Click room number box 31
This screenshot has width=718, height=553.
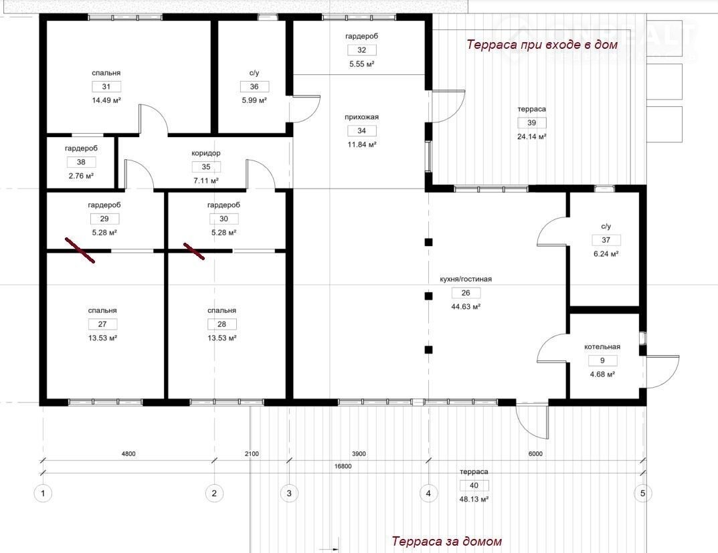point(106,86)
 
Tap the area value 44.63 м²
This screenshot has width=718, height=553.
point(466,306)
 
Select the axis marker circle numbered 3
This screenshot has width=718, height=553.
point(289,493)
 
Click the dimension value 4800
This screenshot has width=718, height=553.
point(128,454)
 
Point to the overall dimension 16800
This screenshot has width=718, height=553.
point(343,466)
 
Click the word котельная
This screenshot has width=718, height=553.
point(602,346)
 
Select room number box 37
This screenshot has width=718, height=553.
point(606,239)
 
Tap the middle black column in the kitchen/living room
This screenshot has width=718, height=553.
point(428,296)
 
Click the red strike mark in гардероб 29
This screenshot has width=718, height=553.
point(80,250)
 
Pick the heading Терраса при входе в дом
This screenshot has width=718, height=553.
point(542,44)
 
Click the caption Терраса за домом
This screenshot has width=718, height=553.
point(446,541)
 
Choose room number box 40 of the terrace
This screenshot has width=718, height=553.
point(474,485)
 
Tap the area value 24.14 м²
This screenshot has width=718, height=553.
point(531,136)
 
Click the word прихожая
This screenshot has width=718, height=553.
point(362,117)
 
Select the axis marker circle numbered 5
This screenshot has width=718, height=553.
point(643,493)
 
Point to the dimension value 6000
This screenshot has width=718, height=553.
point(535,454)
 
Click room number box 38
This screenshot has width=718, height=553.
point(81,161)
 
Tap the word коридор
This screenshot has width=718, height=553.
point(206,153)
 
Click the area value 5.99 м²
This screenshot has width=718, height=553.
point(254,100)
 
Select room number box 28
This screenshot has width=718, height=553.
point(221,324)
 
